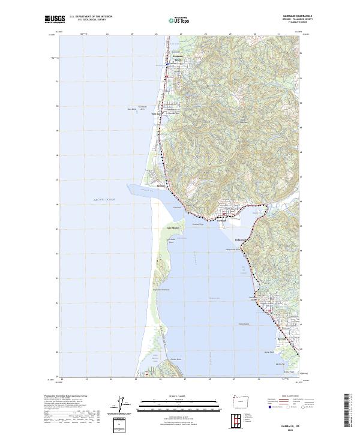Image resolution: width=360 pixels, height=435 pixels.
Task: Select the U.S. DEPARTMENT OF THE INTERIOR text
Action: [x=91, y=17]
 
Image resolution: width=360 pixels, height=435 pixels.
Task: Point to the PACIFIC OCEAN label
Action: [x=103, y=199]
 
